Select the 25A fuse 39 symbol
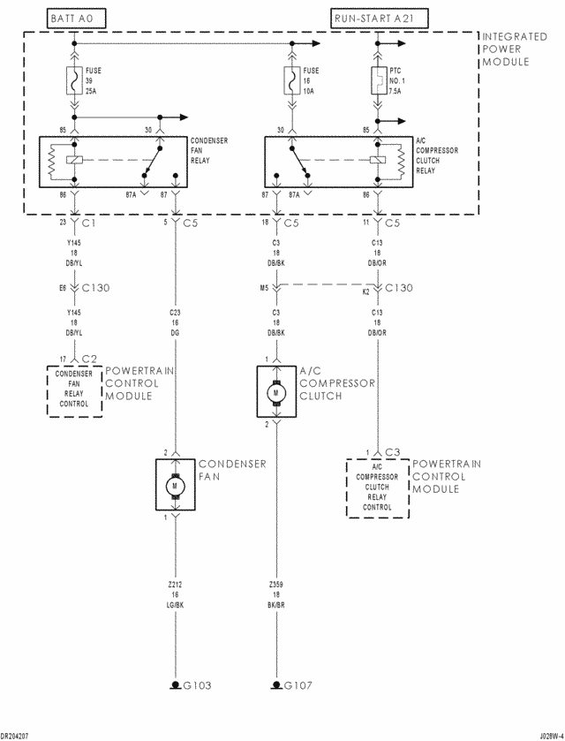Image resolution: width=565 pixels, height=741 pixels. pos(75,82)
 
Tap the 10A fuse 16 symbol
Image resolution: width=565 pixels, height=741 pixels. pos(290,82)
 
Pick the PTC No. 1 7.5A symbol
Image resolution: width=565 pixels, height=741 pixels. pos(378,82)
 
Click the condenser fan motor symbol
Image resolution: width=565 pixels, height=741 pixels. pos(175,485)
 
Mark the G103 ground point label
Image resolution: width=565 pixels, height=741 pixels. pos(197,684)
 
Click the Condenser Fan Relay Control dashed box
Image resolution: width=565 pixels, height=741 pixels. pos(75,390)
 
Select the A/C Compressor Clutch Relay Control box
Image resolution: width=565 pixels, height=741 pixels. pos(377,487)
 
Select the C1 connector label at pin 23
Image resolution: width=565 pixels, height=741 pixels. pos(87,223)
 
